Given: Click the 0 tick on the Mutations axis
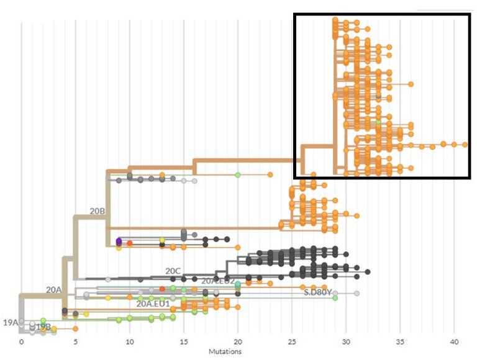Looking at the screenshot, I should click(x=21, y=341).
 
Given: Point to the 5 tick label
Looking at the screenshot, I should click(x=76, y=341).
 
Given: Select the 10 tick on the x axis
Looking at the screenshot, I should click(x=130, y=341).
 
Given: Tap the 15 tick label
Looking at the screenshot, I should click(x=184, y=341).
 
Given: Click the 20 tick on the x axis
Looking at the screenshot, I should click(x=238, y=341).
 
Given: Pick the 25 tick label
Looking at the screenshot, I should click(x=292, y=341).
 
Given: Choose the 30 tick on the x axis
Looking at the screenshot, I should click(x=346, y=341).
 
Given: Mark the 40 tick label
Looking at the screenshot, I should click(x=454, y=341).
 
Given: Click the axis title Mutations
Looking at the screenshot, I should click(x=238, y=351).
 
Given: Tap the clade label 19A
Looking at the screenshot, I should click(x=11, y=322).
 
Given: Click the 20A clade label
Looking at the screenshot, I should click(x=53, y=289).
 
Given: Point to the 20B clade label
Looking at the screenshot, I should click(x=98, y=211).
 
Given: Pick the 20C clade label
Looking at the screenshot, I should click(x=173, y=271).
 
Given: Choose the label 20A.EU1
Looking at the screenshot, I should click(x=154, y=304).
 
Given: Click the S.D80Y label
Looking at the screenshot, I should click(x=316, y=290).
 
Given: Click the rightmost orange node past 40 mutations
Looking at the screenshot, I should click(x=465, y=144).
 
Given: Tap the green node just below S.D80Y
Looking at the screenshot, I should click(x=335, y=298).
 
